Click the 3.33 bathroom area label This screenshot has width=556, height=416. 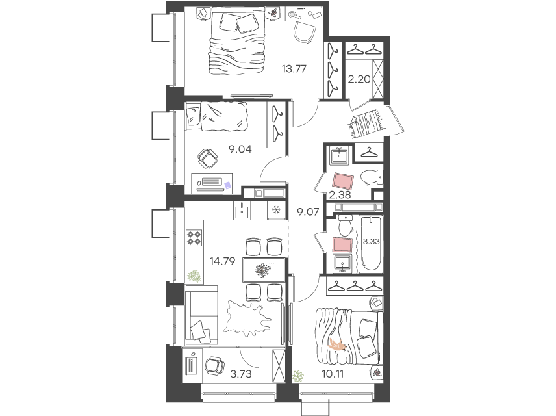[x=371, y=241]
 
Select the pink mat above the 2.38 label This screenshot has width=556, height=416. [x=342, y=180]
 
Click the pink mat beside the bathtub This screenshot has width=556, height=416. [x=342, y=244]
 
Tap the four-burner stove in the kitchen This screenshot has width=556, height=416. [x=194, y=237]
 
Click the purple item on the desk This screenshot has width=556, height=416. [x=228, y=185]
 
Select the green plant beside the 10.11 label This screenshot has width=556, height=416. [x=298, y=376]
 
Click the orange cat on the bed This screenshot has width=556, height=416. [x=337, y=344]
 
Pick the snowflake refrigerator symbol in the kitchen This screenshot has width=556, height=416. [x=275, y=211]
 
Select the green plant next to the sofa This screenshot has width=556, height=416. [x=194, y=277]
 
